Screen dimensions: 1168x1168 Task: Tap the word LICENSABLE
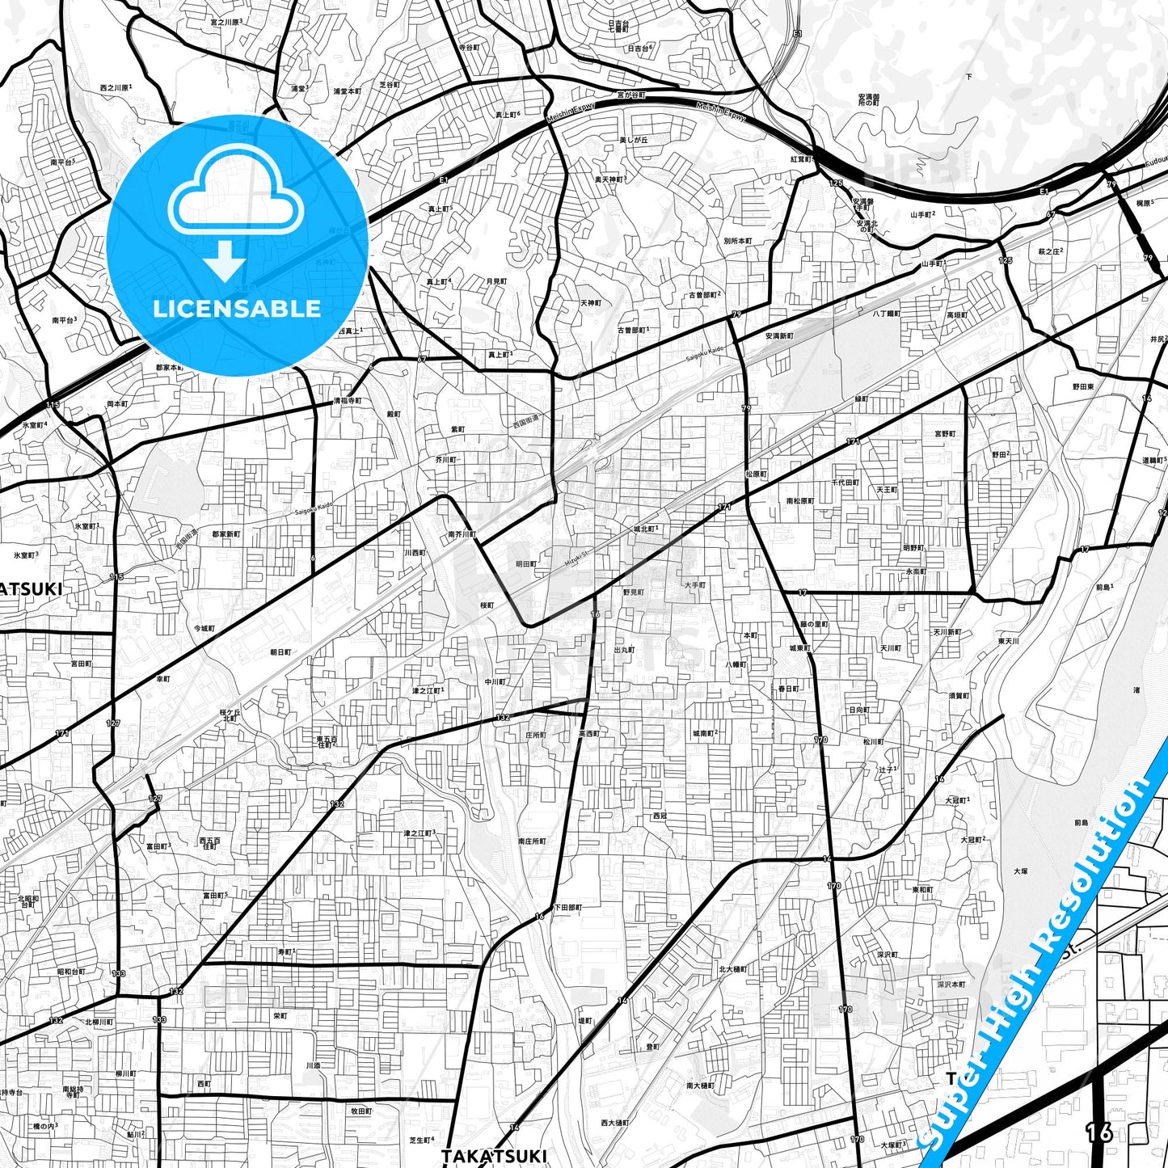[237, 308]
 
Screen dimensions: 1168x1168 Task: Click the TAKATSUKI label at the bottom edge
[494, 1156]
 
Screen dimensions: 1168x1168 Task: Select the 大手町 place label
[694, 584]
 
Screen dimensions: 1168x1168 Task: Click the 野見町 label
[633, 592]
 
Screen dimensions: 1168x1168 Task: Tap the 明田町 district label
[525, 563]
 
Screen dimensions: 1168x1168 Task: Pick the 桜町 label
[487, 605]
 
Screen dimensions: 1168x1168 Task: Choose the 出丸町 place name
[624, 649]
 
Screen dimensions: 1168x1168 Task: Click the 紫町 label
[458, 429]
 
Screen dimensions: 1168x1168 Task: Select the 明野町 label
[913, 547]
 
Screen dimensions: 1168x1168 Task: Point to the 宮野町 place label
[945, 434]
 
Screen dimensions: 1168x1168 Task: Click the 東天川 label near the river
[1008, 641]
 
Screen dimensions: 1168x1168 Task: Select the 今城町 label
[205, 628]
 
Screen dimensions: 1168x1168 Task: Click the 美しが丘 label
[634, 140]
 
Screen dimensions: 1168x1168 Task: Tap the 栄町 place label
[280, 1015]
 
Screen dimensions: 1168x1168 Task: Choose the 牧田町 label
[361, 1111]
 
